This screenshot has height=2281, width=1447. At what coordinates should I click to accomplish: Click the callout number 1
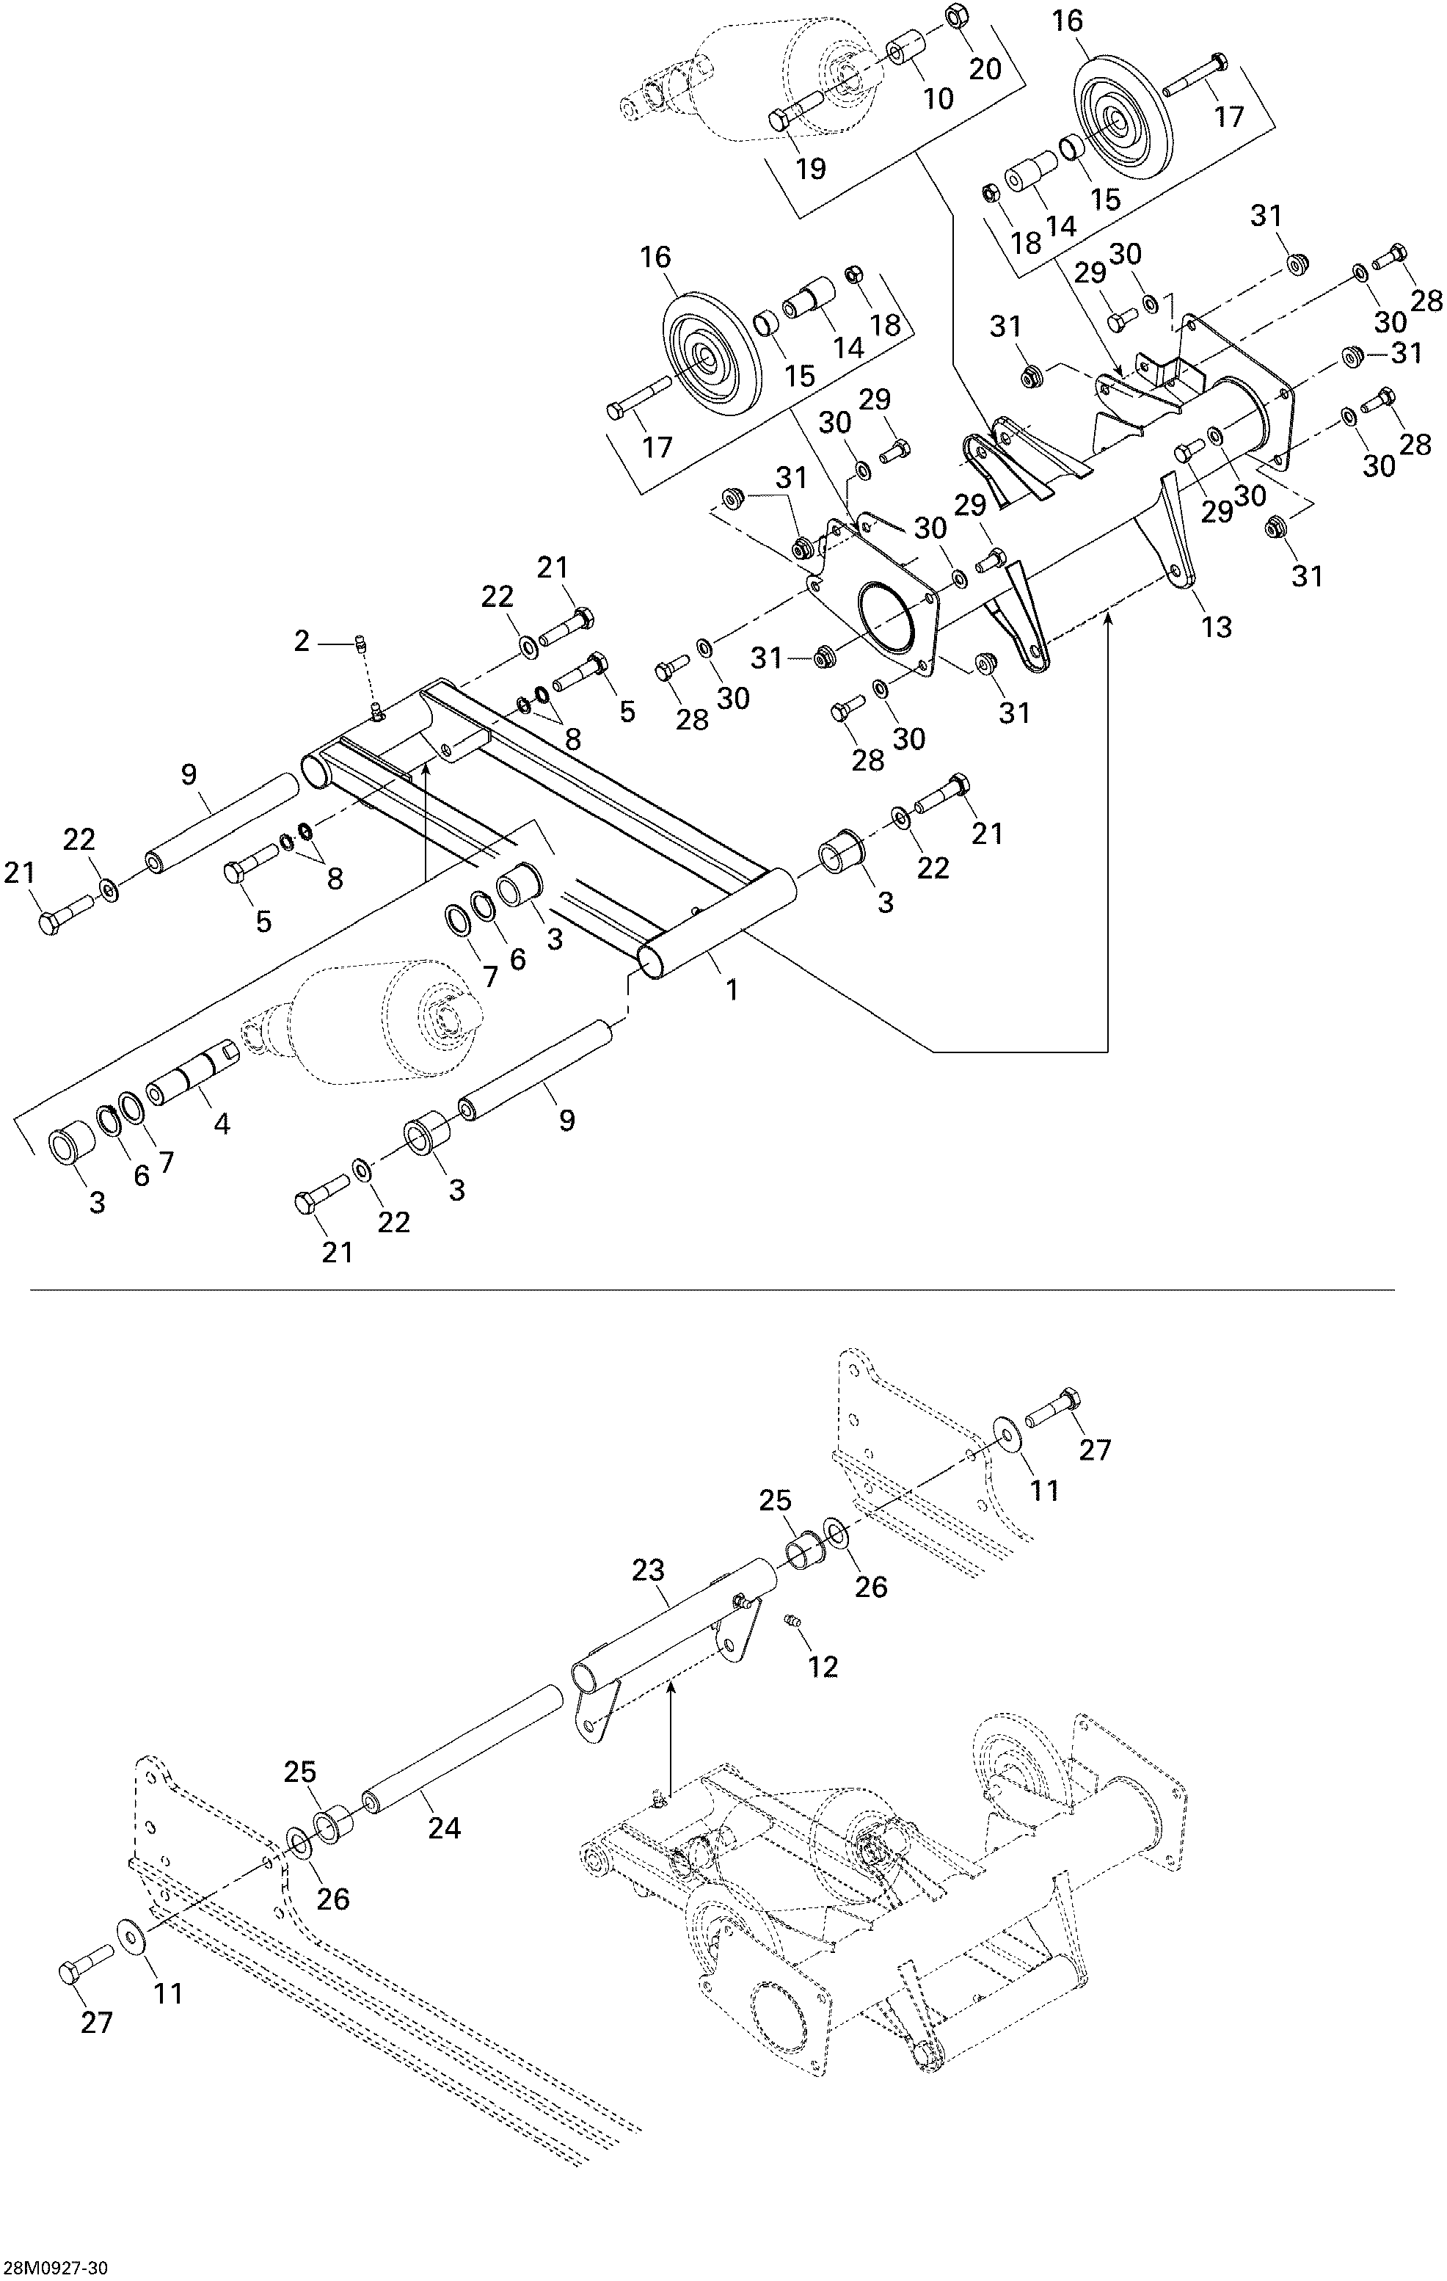tap(731, 990)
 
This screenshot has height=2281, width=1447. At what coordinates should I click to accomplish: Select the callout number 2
tap(301, 642)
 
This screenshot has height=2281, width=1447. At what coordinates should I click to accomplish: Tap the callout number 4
tap(222, 1124)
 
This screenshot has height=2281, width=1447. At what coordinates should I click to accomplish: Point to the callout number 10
tap(938, 98)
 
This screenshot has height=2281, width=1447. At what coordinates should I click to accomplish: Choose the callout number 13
tap(1217, 626)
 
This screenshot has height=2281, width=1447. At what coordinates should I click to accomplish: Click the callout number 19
tap(811, 169)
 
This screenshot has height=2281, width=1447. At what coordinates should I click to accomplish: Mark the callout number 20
tap(985, 68)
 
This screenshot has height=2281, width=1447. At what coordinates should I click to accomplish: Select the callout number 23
tap(649, 1571)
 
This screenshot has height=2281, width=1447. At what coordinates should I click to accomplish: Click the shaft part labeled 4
tap(195, 1072)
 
